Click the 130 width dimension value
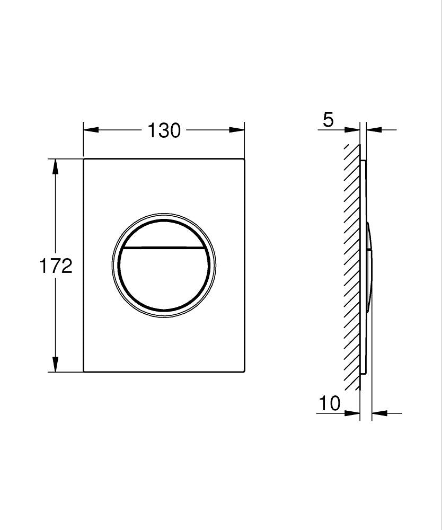coord(164,130)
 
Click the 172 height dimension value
coord(56,266)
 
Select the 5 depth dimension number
coord(328,120)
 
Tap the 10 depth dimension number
coord(329,404)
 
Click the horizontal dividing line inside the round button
coord(164,248)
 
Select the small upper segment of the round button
coord(164,234)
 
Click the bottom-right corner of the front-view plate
coord(244,371)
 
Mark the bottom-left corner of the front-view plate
coord(84,371)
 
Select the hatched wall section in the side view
coord(351,265)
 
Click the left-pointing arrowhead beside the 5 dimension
coord(374,130)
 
